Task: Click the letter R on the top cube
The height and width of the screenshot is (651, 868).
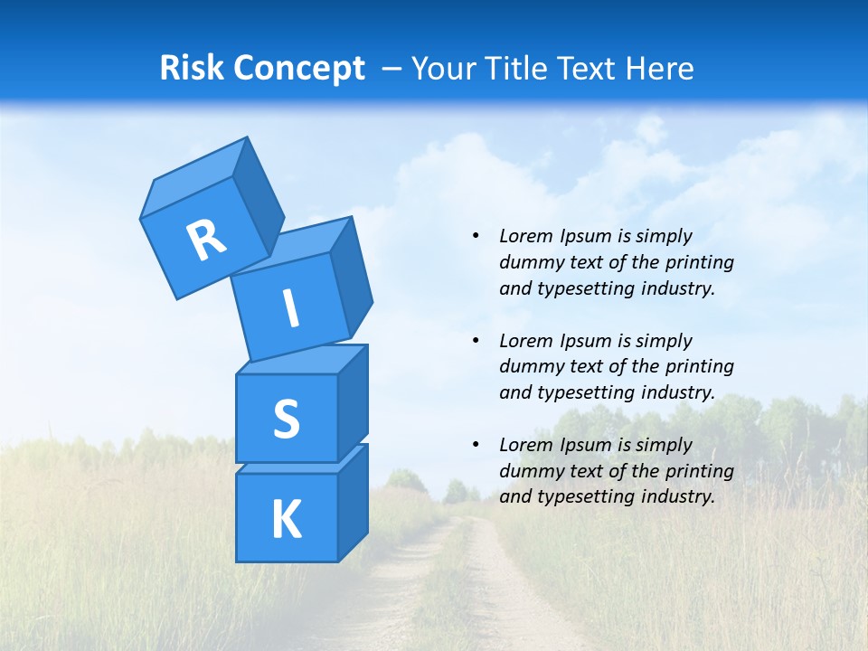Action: click(x=206, y=240)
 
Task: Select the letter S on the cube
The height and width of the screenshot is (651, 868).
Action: click(x=286, y=419)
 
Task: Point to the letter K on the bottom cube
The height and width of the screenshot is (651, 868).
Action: click(x=286, y=520)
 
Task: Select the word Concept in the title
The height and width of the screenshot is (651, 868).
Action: click(x=300, y=69)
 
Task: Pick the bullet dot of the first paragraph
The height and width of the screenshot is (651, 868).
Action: click(x=476, y=236)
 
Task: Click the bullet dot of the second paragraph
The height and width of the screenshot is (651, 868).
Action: click(x=476, y=341)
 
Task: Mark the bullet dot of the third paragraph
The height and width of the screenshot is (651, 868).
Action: click(x=476, y=445)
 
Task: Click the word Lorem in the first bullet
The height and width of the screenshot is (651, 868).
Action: click(x=524, y=236)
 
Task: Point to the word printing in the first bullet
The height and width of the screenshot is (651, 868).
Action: click(x=699, y=262)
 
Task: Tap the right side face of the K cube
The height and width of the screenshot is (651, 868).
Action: click(x=353, y=502)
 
